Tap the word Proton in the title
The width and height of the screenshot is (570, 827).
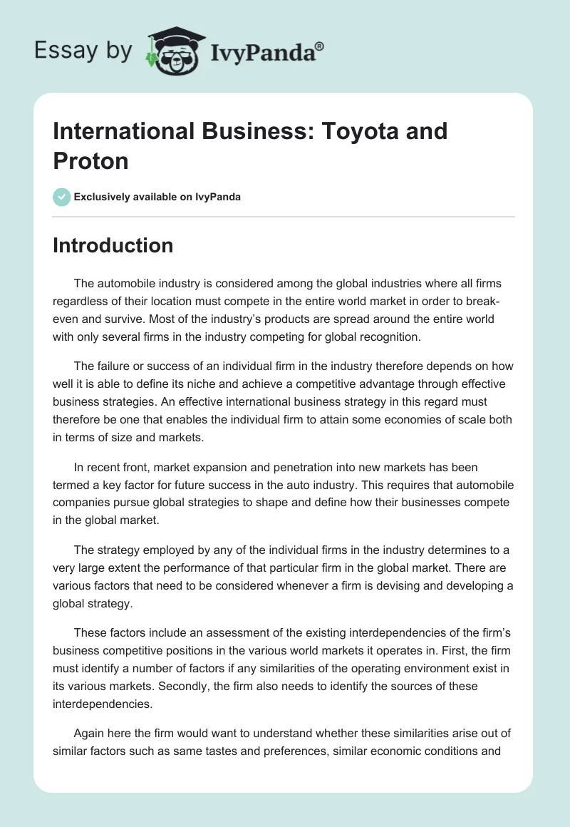(90, 160)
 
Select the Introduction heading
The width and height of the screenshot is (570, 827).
(113, 245)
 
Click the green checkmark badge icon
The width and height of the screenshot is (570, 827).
(62, 197)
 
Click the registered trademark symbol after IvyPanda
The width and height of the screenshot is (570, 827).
(320, 46)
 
